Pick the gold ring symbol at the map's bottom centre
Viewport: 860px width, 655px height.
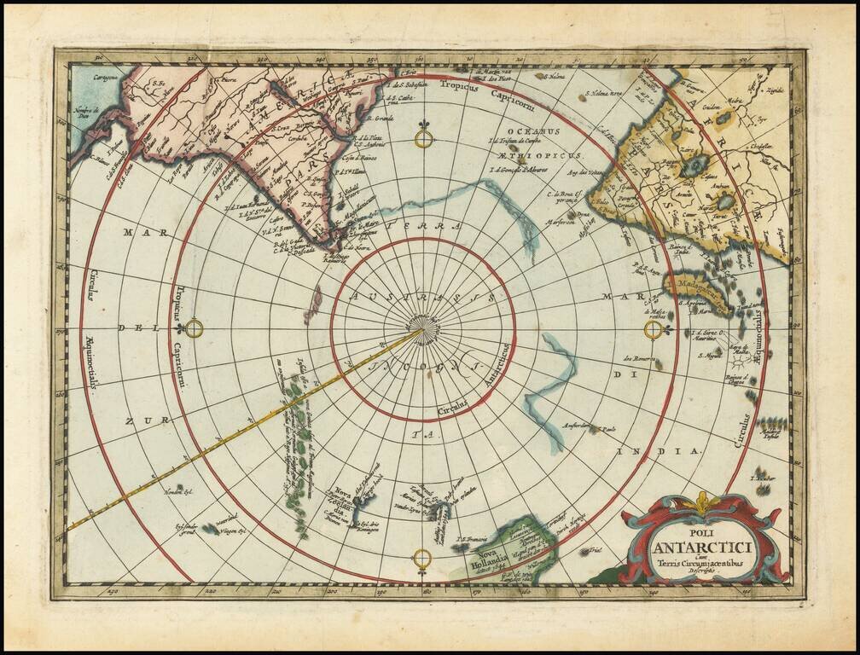[x=422, y=559]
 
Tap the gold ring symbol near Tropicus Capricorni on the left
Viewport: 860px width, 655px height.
[x=195, y=328]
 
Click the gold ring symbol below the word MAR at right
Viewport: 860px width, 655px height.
[x=654, y=329]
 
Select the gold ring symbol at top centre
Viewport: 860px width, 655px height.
[x=423, y=137]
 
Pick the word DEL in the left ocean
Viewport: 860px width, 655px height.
[x=133, y=327]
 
